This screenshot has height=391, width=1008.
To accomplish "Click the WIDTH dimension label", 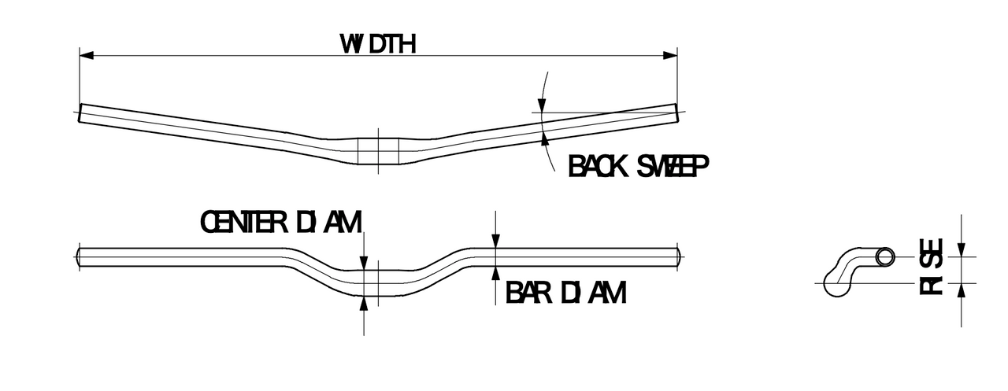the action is point(378,44).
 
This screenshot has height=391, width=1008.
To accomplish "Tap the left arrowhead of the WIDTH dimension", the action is point(87,56).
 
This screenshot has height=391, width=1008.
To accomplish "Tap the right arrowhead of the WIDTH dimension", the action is point(670,56).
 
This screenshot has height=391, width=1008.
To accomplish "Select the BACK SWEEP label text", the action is point(639,166).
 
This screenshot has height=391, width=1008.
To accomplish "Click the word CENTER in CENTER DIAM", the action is point(243,222).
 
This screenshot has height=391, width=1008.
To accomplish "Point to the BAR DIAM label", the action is point(565,293).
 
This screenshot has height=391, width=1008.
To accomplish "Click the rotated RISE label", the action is point(931,266).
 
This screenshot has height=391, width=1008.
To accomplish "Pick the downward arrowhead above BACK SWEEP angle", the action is point(542,105).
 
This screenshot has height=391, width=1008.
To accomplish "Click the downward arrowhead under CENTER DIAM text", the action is point(364,263).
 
